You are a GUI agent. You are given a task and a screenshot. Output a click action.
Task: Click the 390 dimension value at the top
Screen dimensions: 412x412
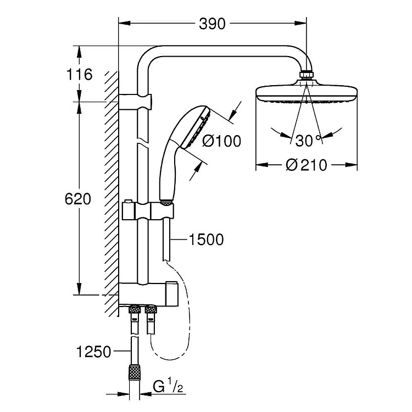212,24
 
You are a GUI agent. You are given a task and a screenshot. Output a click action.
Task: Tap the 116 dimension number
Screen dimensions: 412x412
79,74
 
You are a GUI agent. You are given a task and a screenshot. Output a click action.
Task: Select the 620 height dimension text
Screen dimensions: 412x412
78,199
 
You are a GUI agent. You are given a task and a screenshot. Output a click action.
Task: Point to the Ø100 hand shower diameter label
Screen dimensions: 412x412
221,141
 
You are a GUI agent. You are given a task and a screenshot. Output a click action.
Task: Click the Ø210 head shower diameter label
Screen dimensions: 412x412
307,165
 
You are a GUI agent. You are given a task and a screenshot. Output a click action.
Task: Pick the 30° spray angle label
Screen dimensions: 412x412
308,141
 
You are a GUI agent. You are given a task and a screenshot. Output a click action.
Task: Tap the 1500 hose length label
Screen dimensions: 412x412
206,240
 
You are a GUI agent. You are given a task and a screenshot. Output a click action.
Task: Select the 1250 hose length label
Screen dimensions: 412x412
93,352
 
